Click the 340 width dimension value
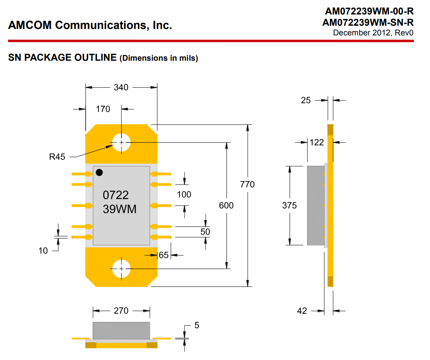pyautogui.click(x=121, y=87)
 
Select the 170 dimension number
pyautogui.click(x=103, y=109)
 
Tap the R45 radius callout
pyautogui.click(x=57, y=157)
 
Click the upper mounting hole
pyautogui.click(x=121, y=142)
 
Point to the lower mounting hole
pyautogui.click(x=121, y=269)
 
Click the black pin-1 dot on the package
pyautogui.click(x=99, y=173)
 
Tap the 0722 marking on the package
pyautogui.click(x=116, y=195)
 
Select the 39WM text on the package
pyautogui.click(x=119, y=209)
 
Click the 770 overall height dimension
pyautogui.click(x=247, y=184)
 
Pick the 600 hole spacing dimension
pyautogui.click(x=226, y=205)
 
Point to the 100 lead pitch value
pyautogui.click(x=184, y=195)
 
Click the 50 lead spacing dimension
pyautogui.click(x=205, y=232)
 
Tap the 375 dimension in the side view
pyautogui.click(x=289, y=205)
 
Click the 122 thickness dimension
pyautogui.click(x=317, y=142)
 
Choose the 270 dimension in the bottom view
pyautogui.click(x=121, y=311)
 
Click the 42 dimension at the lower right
pyautogui.click(x=302, y=311)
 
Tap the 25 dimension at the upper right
pyautogui.click(x=306, y=100)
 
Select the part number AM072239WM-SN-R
pyautogui.click(x=368, y=23)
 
